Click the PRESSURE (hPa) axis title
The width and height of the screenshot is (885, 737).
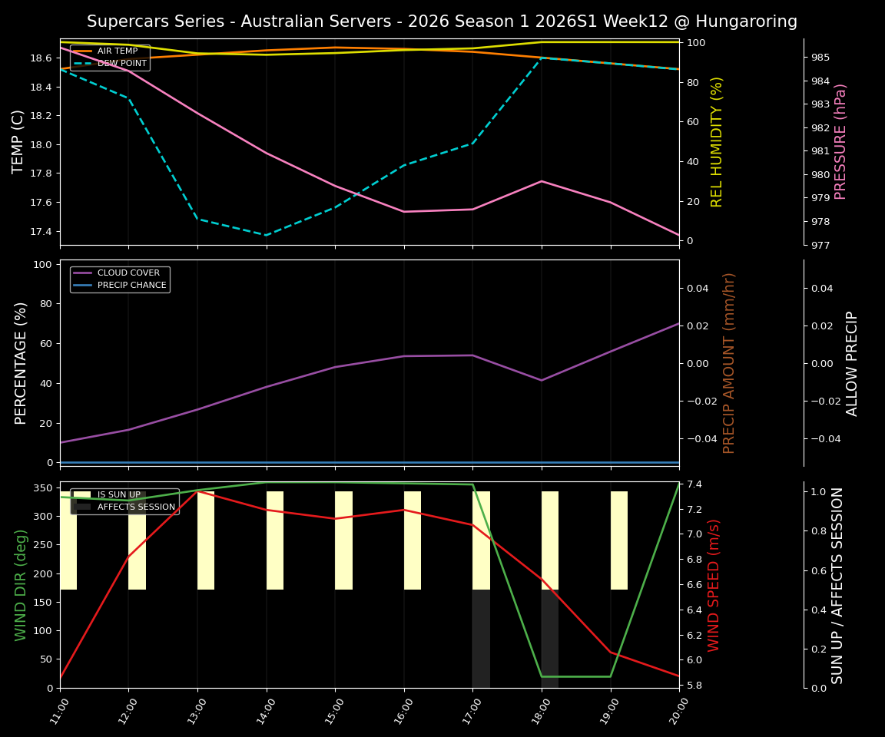pyautogui.click(x=840, y=141)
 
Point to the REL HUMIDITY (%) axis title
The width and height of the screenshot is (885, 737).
pyautogui.click(x=718, y=141)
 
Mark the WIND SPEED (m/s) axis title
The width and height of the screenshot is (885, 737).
pyautogui.click(x=714, y=585)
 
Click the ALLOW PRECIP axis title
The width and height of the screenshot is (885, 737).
pyautogui.click(x=852, y=363)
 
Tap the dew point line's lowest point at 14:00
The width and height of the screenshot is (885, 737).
pyautogui.click(x=267, y=235)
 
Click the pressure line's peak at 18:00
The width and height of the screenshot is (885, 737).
pyautogui.click(x=542, y=181)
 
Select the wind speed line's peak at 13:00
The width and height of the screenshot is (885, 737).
pyautogui.click(x=198, y=491)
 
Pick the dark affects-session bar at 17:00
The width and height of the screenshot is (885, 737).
pyautogui.click(x=481, y=639)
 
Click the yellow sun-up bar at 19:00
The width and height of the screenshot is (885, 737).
pyautogui.click(x=619, y=540)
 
